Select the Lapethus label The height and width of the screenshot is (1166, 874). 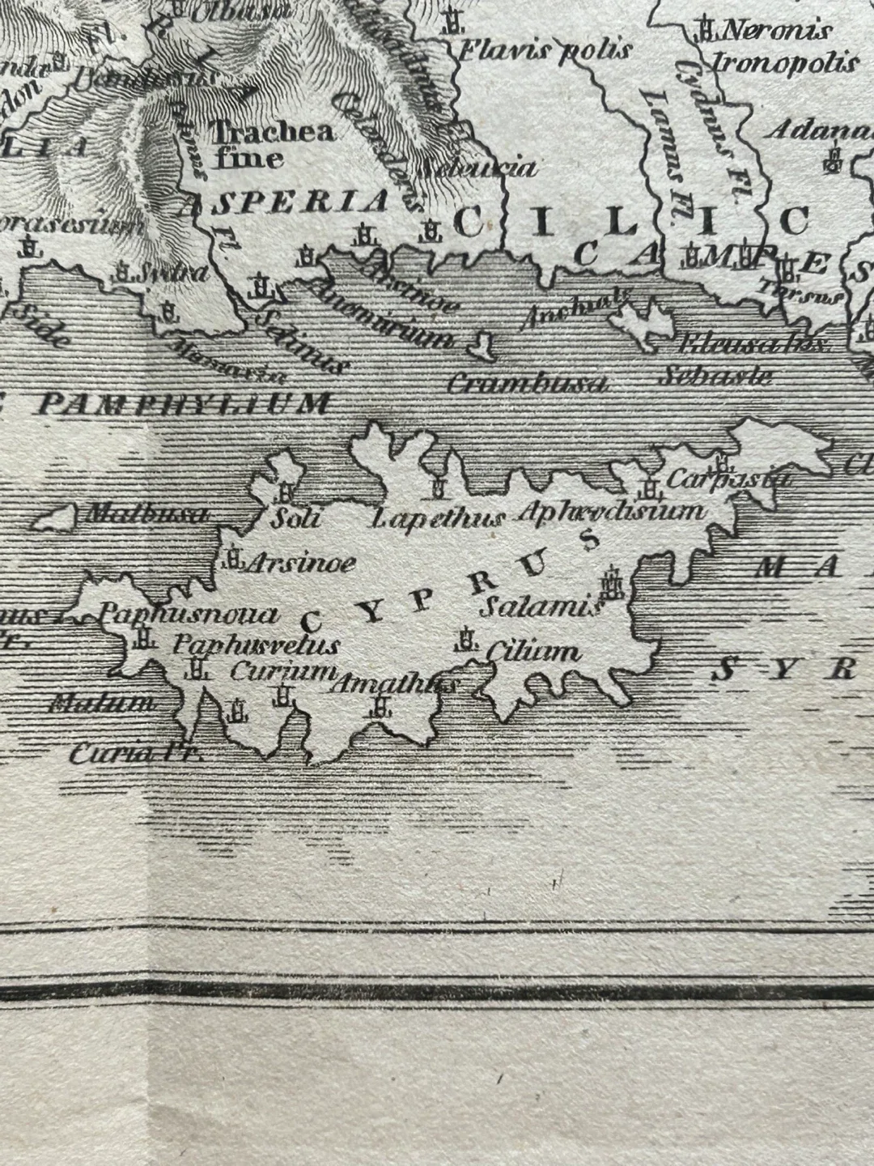coord(439,519)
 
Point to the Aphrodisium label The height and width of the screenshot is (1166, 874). coord(610,512)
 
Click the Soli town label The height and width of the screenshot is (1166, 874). coord(295,518)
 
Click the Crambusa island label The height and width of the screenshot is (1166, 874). coord(527,384)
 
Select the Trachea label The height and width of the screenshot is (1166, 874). coord(273,132)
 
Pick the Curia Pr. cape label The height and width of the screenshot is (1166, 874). coord(134,755)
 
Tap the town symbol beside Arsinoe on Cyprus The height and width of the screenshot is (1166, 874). coord(233,559)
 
